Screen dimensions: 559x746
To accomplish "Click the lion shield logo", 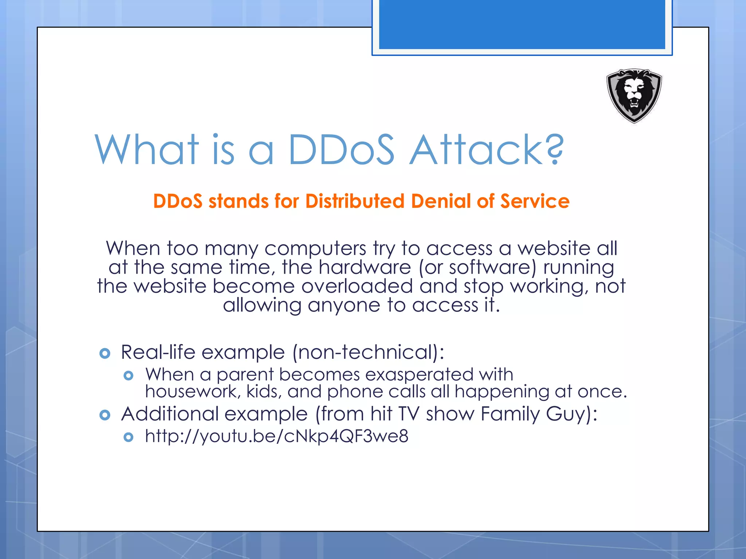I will pos(634,96).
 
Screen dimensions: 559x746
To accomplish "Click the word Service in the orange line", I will pos(535,201).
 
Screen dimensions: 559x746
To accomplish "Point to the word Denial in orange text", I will pos(441,201).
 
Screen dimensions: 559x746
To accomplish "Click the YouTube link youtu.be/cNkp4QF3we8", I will pos(276,436).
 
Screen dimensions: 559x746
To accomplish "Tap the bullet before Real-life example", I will pos(105,353).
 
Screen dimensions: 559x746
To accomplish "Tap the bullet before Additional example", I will pos(105,415).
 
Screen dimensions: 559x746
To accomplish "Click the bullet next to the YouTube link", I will pos(129,437).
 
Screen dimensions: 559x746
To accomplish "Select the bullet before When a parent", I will pos(129,375).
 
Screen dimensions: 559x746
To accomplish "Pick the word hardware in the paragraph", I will pos(365,267).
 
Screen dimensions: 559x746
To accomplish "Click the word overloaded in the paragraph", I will pos(357,286).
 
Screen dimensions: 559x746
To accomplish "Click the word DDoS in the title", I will pos(341,150).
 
